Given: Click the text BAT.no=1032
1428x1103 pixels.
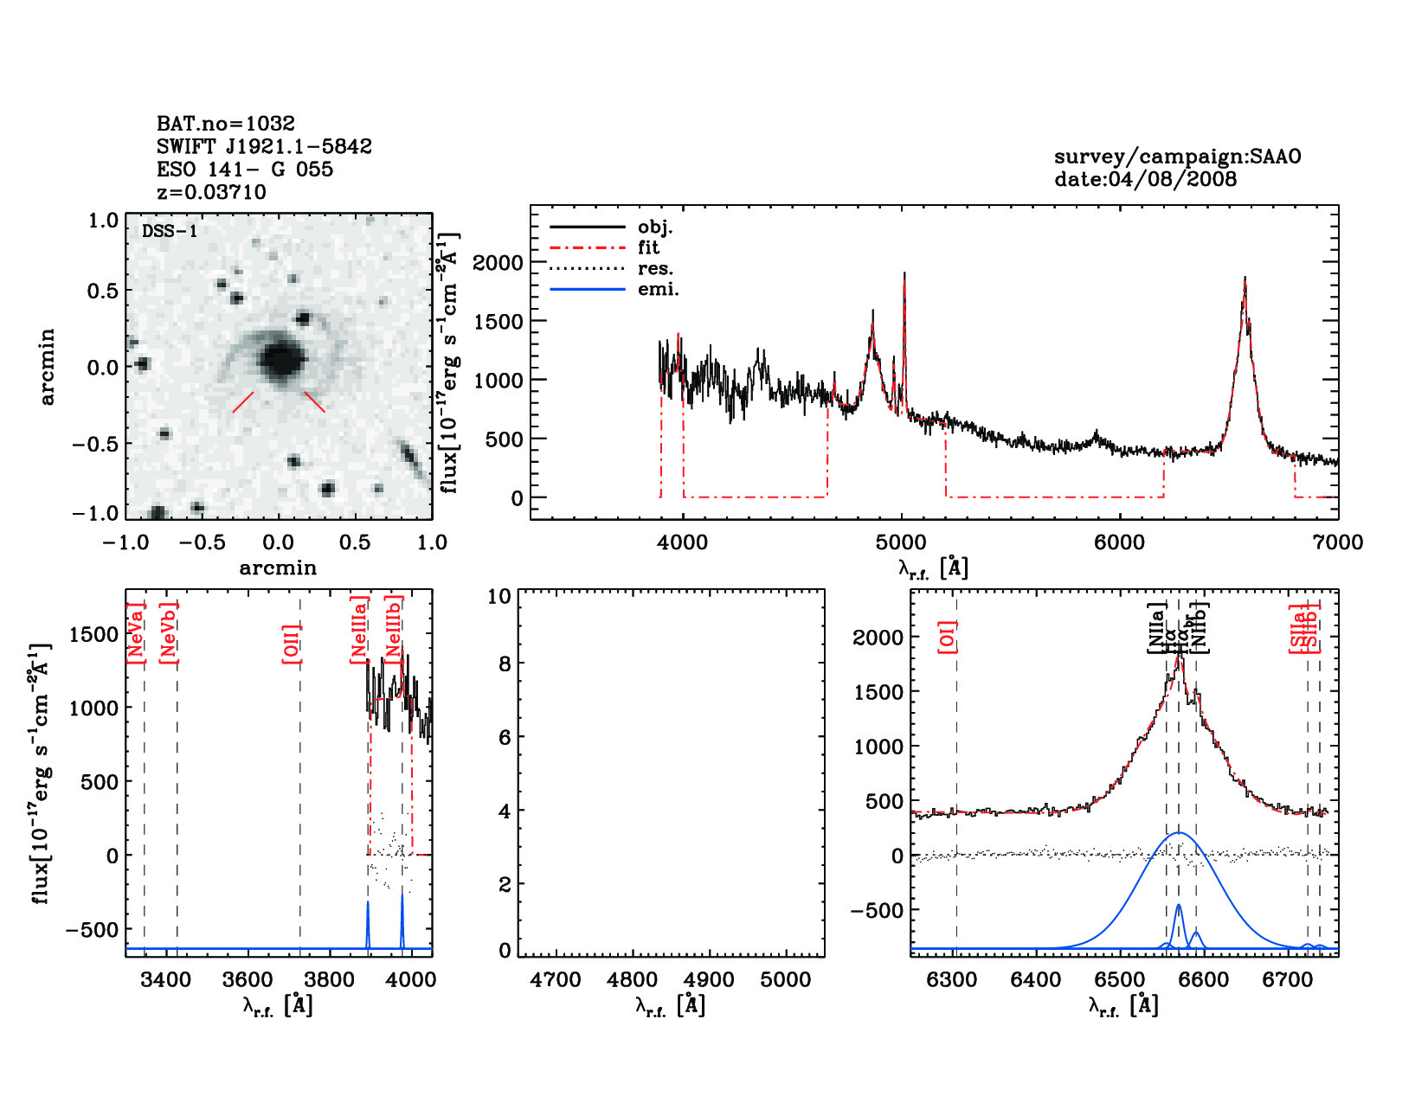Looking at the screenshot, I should point(225,124).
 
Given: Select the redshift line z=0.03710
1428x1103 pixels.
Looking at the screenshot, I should point(211,192).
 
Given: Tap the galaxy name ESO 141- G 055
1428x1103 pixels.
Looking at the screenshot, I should point(244,170).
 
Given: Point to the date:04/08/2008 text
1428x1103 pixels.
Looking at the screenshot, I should point(1145,179).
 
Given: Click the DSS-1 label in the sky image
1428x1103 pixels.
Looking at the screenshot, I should point(170,231).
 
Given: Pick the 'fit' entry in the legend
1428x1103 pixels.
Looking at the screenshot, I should point(648,247).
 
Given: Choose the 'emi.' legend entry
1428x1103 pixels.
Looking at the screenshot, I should point(658,289).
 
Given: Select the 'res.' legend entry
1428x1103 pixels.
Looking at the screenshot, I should point(655,268).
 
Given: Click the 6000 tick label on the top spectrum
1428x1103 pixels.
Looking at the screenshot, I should point(1119,542).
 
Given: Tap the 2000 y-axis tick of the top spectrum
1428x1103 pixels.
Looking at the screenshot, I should point(498,262).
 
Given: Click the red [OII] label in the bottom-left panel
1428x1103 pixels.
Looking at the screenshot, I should point(292,644).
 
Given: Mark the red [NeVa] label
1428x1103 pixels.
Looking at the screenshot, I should point(136,633).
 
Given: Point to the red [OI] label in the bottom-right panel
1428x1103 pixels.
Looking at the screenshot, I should point(948,637).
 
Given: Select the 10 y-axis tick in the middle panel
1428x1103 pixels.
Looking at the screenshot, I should point(499,596).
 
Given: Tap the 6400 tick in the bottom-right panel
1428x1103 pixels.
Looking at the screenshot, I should point(1036,980).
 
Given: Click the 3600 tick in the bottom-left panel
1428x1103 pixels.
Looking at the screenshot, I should point(248,980).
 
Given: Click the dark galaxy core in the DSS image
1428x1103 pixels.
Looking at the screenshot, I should point(281,359).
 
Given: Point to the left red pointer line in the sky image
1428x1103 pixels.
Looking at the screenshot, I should point(243,401).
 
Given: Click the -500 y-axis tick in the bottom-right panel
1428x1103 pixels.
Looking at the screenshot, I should point(878,910).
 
